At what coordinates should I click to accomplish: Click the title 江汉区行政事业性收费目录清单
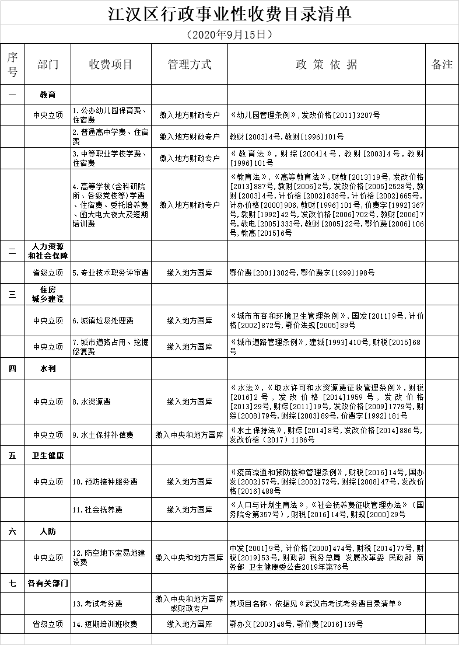[x=230, y=14]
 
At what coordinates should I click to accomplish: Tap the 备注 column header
[x=442, y=64]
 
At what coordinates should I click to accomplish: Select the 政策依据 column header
[x=327, y=64]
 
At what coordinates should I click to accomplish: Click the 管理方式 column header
[x=190, y=64]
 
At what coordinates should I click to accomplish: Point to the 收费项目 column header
[x=111, y=64]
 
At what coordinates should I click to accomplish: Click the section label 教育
[x=48, y=94]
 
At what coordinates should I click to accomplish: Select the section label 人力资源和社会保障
[x=48, y=251]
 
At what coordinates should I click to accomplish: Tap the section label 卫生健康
[x=48, y=455]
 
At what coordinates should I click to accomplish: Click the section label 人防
[x=48, y=532]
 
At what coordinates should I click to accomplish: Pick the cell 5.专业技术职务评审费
[x=111, y=273]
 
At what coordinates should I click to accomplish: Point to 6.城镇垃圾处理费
[x=103, y=320]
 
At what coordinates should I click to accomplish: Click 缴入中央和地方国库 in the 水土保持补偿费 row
[x=190, y=435]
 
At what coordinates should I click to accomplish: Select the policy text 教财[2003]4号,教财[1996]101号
[x=286, y=137]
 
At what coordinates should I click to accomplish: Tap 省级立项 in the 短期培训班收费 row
[x=48, y=624]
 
